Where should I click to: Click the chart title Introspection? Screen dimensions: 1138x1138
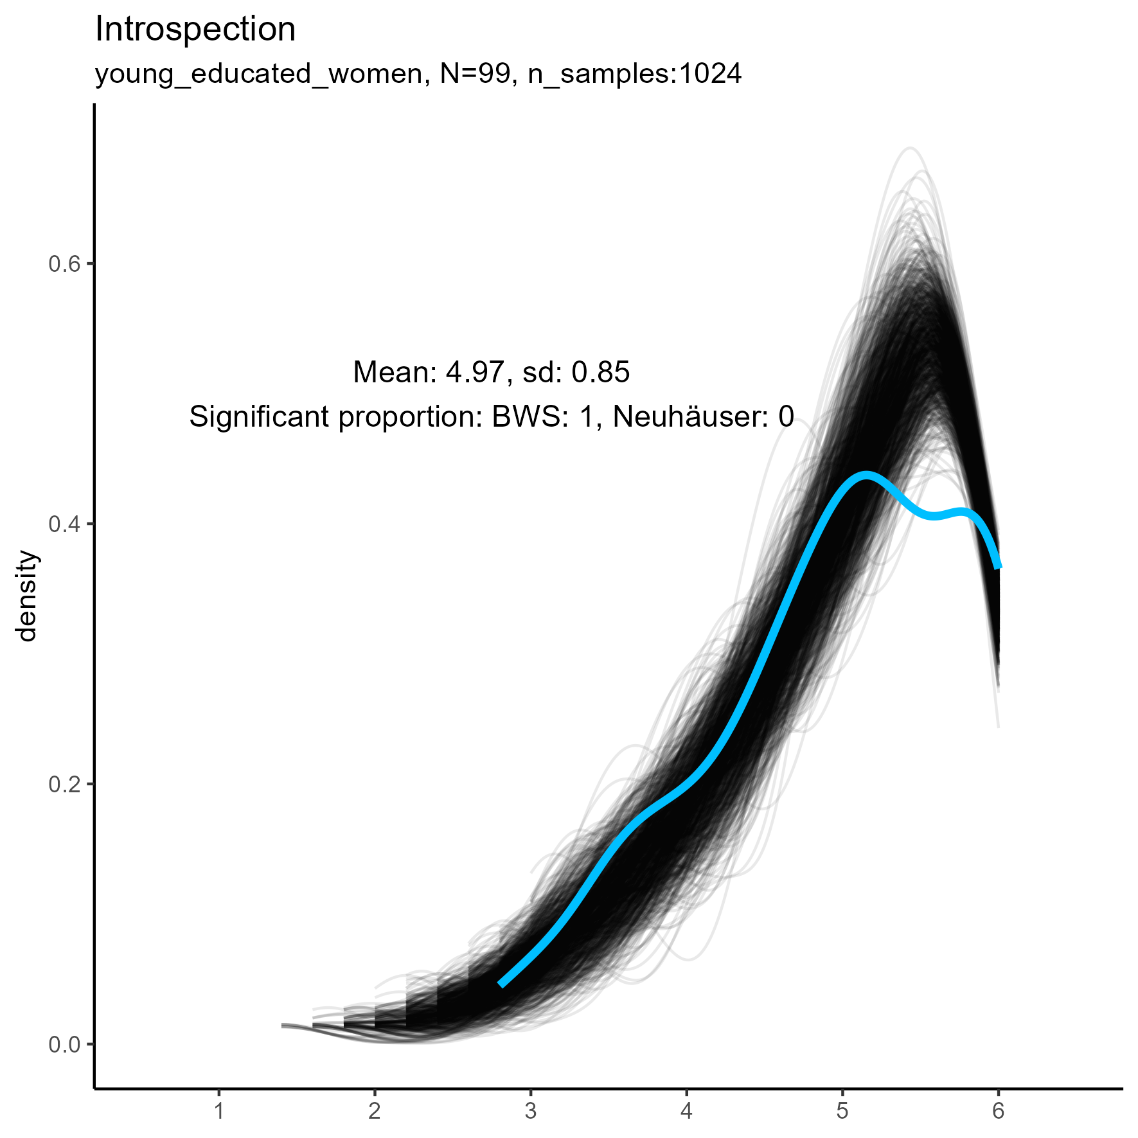click(195, 30)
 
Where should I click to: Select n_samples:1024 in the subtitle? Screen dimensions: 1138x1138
click(635, 75)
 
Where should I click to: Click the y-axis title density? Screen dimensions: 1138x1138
click(27, 596)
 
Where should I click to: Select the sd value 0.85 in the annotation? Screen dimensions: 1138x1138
click(601, 373)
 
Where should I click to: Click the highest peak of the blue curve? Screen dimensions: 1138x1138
click(866, 476)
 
